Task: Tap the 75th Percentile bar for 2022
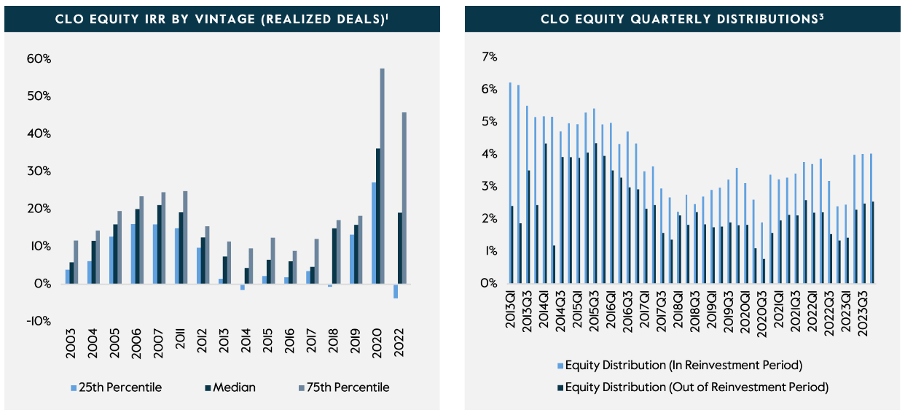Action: (404, 198)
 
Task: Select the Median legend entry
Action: (230, 387)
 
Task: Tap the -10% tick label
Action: (41, 321)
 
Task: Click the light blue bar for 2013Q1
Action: (510, 182)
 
